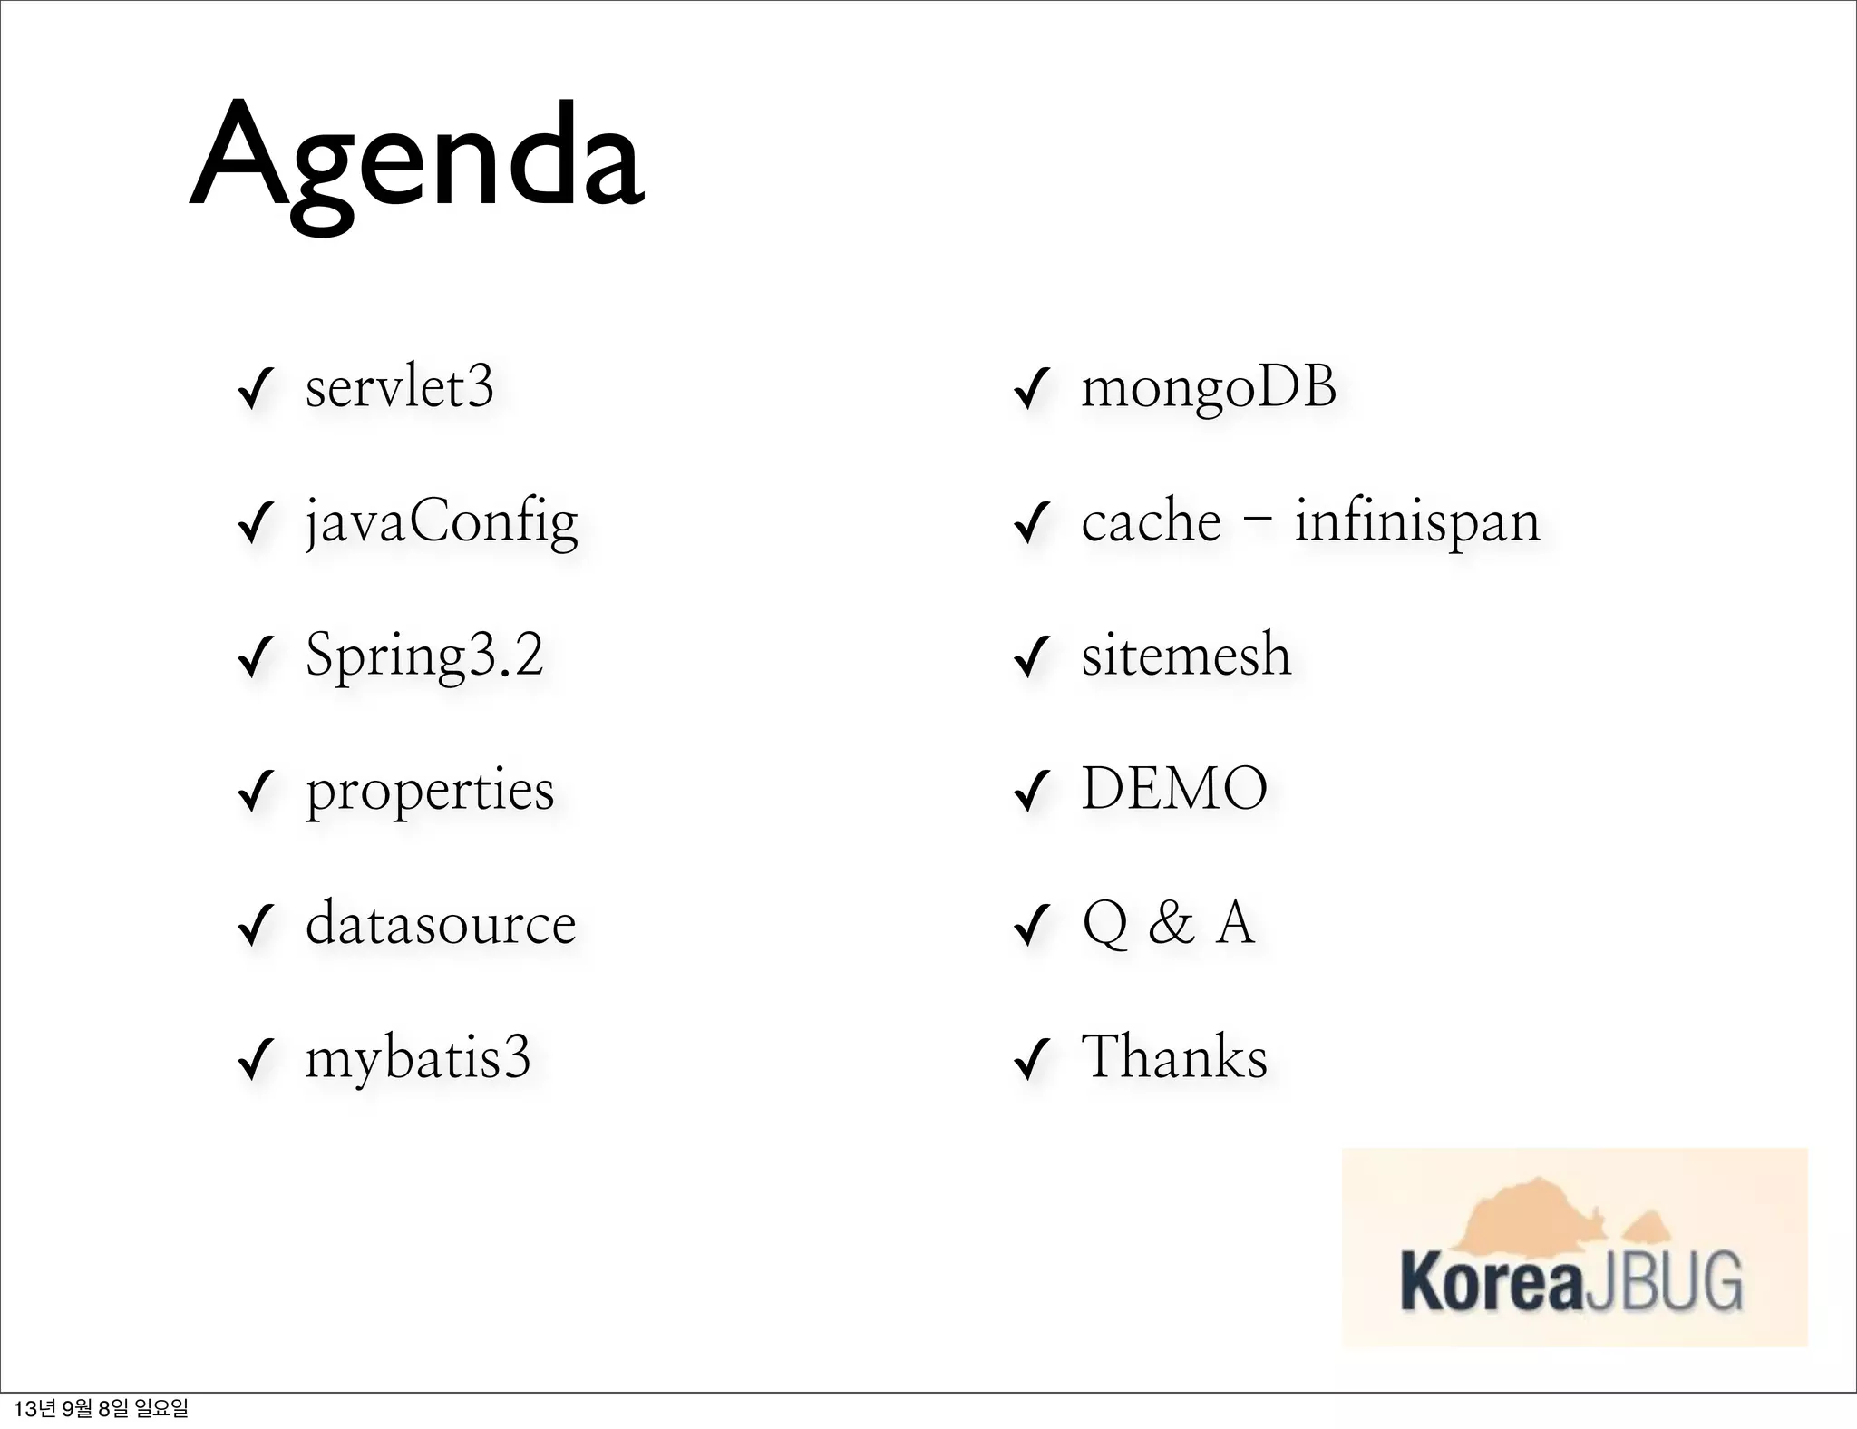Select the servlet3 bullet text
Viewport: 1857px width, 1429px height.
399,388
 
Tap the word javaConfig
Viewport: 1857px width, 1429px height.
441,523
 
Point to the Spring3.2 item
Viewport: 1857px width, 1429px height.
424,656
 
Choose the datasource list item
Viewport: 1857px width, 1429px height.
441,924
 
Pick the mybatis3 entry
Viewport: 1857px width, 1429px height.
417,1058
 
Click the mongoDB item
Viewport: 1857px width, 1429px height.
1209,388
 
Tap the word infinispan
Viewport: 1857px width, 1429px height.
1417,523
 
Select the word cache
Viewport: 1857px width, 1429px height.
1152,523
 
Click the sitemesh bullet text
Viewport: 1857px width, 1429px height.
1186,656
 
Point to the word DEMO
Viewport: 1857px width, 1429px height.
1174,789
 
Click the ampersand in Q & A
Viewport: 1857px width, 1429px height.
1171,924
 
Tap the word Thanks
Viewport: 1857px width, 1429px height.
1174,1057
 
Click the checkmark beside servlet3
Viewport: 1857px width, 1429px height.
256,391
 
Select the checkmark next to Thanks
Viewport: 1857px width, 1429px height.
1032,1061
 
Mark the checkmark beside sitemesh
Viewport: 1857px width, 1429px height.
1032,658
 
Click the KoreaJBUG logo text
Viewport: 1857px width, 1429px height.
1571,1281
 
